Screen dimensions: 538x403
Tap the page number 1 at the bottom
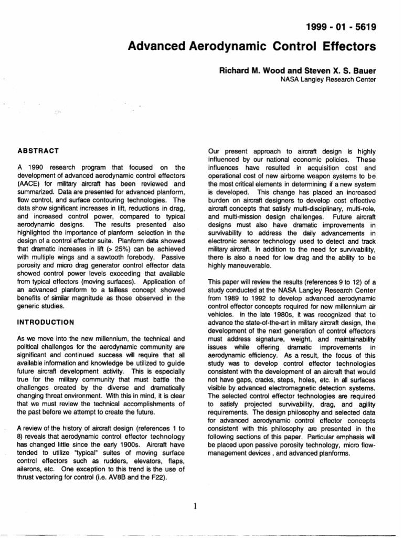(195, 506)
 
